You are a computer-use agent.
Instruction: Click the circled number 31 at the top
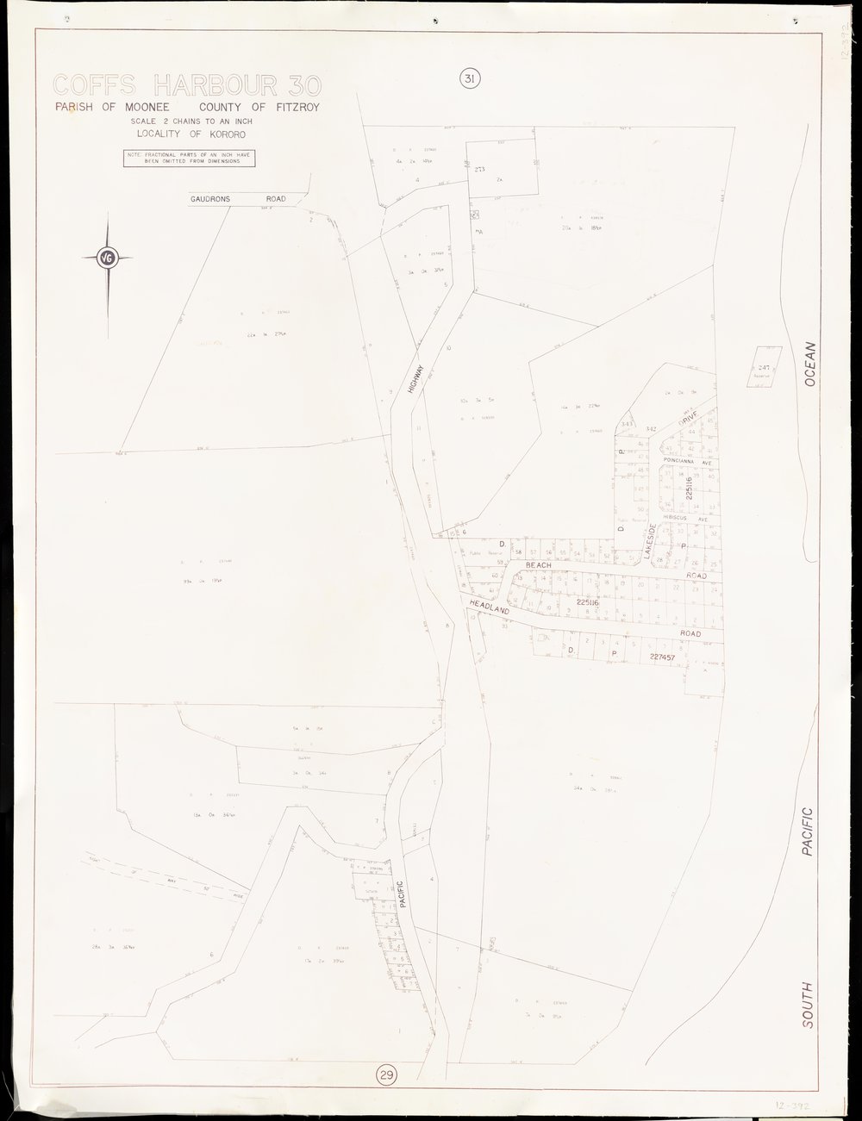[x=469, y=79]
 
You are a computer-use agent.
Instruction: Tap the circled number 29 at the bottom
[x=386, y=1074]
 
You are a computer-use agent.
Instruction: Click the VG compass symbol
[x=108, y=256]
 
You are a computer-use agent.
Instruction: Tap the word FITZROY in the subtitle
[x=302, y=108]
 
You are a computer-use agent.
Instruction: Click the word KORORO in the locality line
[x=227, y=134]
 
